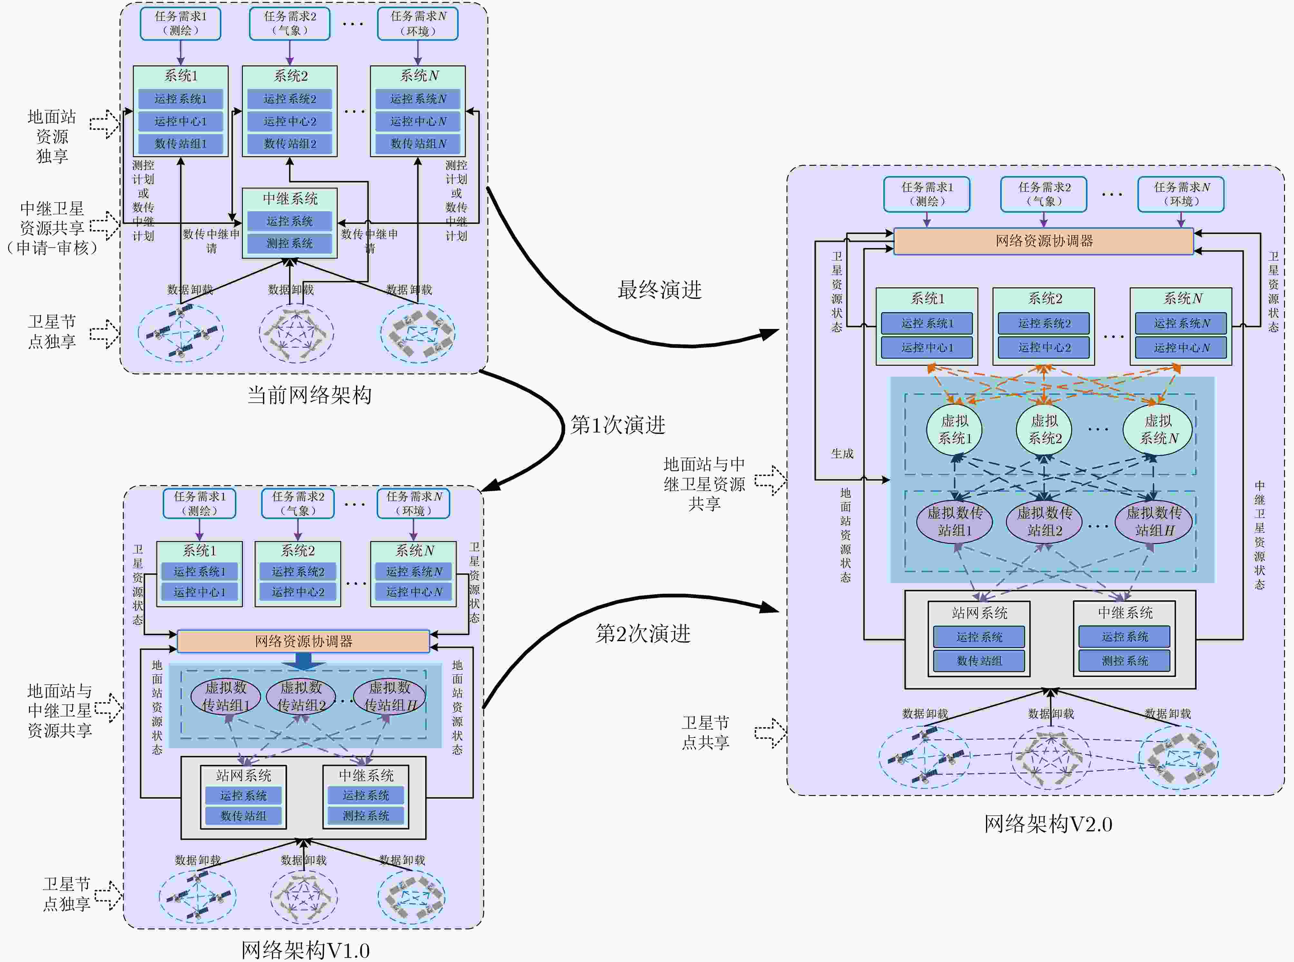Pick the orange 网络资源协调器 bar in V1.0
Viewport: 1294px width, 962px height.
click(303, 641)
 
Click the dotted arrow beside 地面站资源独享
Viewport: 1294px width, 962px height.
click(105, 124)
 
